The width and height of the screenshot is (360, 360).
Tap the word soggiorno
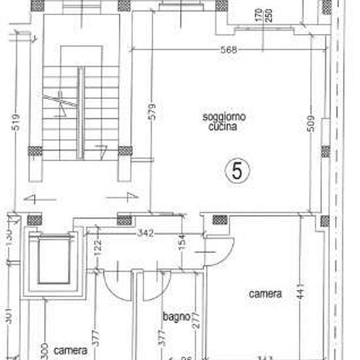click(224, 117)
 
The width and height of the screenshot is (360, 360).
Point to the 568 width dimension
click(228, 50)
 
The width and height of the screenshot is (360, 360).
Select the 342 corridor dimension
click(145, 232)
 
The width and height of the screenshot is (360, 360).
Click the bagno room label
click(175, 317)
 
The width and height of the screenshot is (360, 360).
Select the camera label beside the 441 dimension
click(265, 294)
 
